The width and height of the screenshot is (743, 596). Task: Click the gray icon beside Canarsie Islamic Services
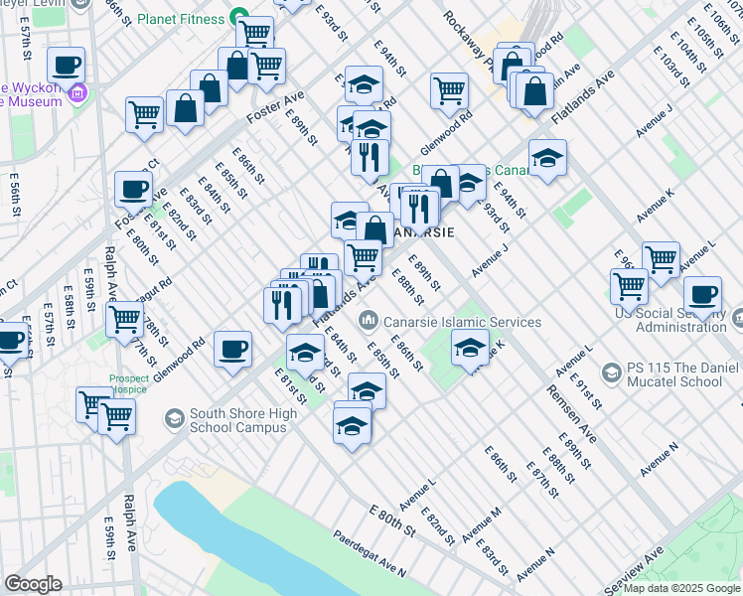[369, 321]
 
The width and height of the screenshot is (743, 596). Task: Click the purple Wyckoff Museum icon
[78, 94]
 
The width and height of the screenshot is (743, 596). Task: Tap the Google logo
[33, 584]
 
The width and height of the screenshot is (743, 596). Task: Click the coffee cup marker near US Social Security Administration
[702, 294]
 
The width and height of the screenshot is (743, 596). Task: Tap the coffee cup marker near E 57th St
[66, 66]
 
